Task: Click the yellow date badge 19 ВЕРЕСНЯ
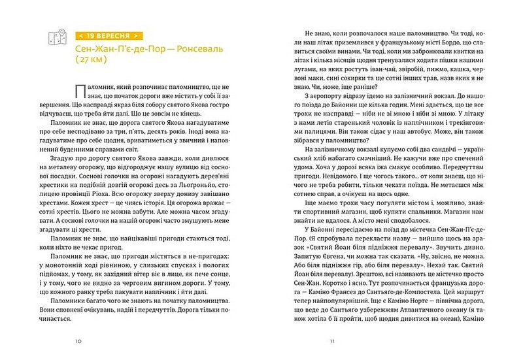107,35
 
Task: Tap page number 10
78,340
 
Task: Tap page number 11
332,340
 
